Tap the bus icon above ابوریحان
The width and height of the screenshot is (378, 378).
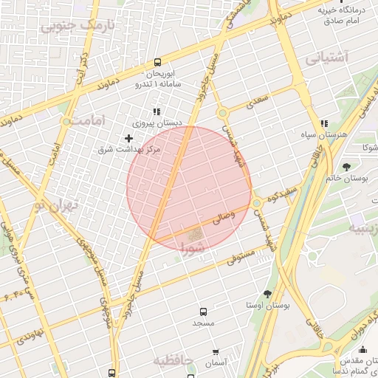(x=158, y=63)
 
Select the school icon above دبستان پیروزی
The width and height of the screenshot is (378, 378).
(x=157, y=111)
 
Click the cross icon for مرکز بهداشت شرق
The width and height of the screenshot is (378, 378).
(x=129, y=138)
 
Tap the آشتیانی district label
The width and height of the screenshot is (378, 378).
(x=326, y=57)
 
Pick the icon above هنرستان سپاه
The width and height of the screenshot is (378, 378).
(x=323, y=124)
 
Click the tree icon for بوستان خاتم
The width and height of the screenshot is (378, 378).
(x=347, y=166)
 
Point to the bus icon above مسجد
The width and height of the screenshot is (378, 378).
(x=203, y=312)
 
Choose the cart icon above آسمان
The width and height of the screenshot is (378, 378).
(x=215, y=352)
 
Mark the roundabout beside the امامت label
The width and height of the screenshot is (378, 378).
(x=68, y=120)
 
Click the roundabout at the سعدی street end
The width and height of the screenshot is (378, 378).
(x=221, y=113)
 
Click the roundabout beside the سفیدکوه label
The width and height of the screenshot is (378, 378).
(x=256, y=203)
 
